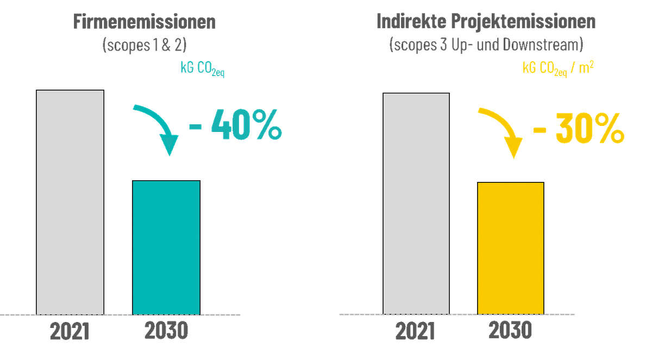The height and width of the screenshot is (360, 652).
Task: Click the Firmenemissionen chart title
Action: pyautogui.click(x=145, y=22)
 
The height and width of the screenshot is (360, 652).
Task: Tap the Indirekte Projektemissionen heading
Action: pyautogui.click(x=486, y=21)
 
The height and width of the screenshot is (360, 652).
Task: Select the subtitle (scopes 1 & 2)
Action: pyautogui.click(x=145, y=45)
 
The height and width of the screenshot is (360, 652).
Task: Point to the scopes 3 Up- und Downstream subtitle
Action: pyautogui.click(x=486, y=45)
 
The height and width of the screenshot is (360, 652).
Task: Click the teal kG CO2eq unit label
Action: pyautogui.click(x=203, y=68)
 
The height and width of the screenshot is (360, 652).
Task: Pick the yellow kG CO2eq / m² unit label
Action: pyautogui.click(x=558, y=68)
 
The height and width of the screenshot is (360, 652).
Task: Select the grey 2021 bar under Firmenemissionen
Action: pyautogui.click(x=70, y=203)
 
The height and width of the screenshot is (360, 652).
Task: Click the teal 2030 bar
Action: pyautogui.click(x=166, y=248)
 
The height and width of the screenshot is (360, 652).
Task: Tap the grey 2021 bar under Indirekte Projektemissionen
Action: pyautogui.click(x=416, y=204)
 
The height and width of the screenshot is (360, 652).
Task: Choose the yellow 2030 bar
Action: pyautogui.click(x=511, y=248)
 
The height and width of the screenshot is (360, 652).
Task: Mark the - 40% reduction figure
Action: pyautogui.click(x=235, y=124)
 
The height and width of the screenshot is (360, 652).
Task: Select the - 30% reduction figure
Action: pyautogui.click(x=579, y=128)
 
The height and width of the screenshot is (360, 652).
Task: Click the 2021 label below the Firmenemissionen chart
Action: pyautogui.click(x=70, y=331)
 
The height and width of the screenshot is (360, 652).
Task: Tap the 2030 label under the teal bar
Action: pyautogui.click(x=166, y=330)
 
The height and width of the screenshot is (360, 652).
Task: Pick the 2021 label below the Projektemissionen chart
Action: pyautogui.click(x=415, y=331)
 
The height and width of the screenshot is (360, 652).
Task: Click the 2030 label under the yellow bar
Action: pyautogui.click(x=510, y=330)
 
